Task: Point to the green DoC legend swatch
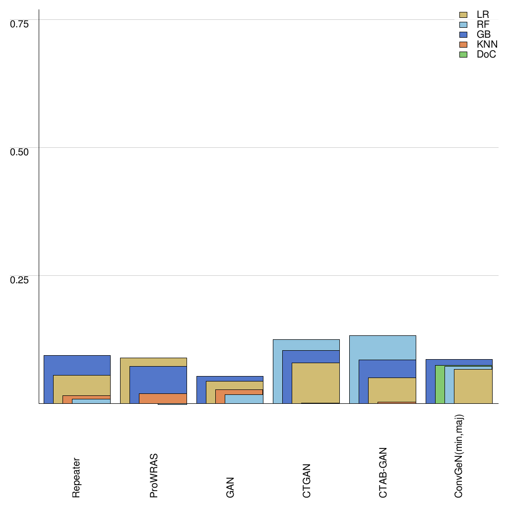[464, 55]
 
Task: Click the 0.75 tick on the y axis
[20, 23]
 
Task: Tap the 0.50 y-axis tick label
[20, 151]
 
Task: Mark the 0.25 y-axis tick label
[20, 279]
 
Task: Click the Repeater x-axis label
[76, 477]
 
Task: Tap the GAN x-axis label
[230, 487]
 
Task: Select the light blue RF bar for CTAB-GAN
[382, 347]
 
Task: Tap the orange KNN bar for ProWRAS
[163, 398]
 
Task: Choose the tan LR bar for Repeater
[81, 385]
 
